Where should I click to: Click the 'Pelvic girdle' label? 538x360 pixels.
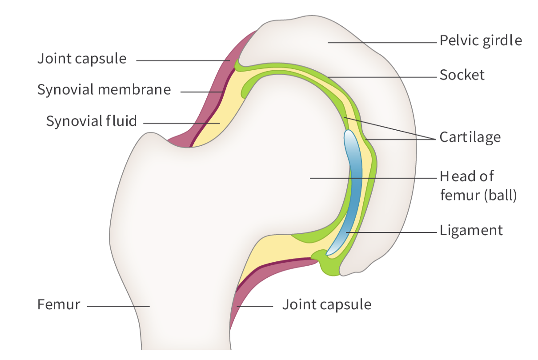point(481,41)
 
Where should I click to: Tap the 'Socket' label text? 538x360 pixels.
point(462,75)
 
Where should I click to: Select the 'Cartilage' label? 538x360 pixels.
point(470,137)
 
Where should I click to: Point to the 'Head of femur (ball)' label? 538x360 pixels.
point(478,186)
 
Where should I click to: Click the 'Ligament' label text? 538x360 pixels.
point(471,231)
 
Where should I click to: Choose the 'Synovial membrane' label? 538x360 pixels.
point(104,90)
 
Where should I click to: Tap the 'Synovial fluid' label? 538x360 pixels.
point(92,121)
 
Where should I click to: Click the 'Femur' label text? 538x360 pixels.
point(59,305)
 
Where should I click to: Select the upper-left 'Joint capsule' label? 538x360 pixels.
point(82,59)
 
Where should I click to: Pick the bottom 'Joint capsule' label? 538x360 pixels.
point(326,305)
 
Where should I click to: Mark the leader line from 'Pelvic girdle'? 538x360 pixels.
point(382,43)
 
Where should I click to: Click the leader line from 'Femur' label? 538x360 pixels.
point(118,306)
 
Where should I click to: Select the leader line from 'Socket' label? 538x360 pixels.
point(382,77)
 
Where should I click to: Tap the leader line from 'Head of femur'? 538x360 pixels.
point(373,178)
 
